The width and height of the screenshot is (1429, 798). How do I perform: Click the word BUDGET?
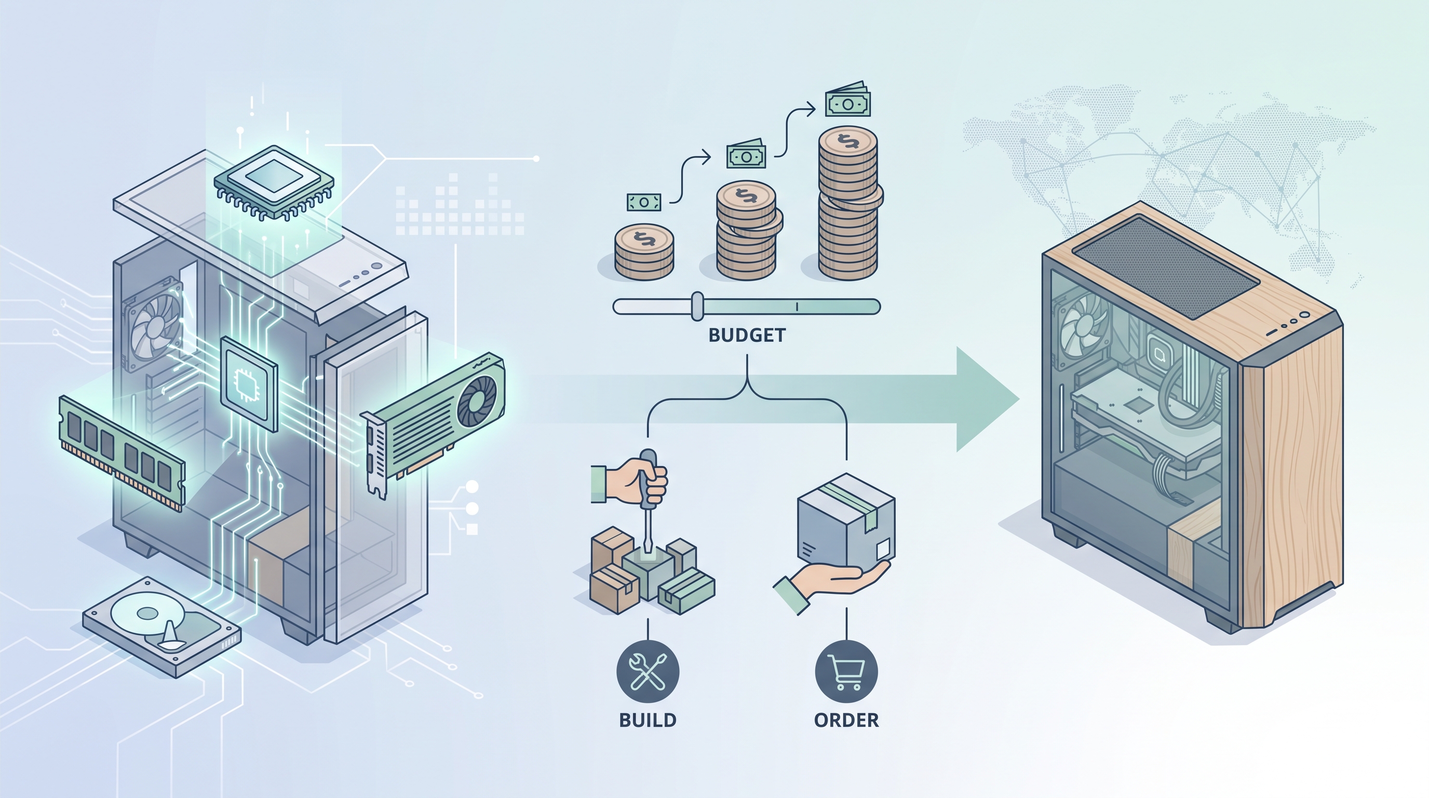coord(747,335)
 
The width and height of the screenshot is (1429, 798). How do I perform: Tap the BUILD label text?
coord(648,720)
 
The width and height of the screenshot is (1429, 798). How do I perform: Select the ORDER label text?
coord(846,720)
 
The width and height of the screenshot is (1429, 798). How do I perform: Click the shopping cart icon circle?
coord(846,671)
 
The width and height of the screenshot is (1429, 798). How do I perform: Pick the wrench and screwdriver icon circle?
coord(648,671)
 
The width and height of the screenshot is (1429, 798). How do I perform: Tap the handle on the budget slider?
coord(697,307)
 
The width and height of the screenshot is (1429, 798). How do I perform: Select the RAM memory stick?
coord(122,453)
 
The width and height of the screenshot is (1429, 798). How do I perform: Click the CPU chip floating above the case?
coord(274,181)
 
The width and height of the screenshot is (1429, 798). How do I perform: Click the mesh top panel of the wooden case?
coord(1165,268)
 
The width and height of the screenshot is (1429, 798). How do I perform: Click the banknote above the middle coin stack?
coord(746,154)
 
